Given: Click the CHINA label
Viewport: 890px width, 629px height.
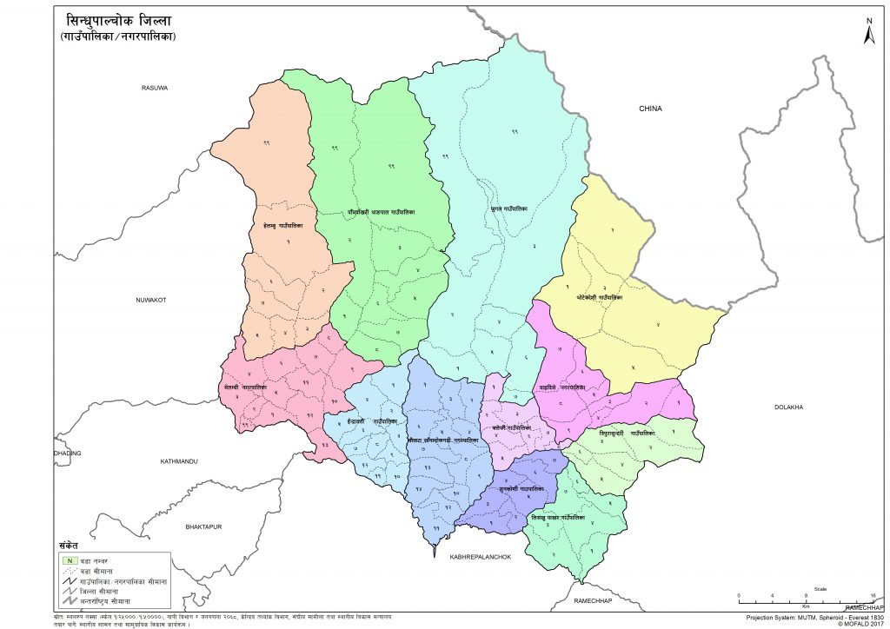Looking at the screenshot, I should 650,109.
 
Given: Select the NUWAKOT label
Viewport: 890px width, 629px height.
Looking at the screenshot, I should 150,300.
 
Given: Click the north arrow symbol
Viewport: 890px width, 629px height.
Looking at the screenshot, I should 867,32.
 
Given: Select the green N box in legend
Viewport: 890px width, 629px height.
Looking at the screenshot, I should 66,559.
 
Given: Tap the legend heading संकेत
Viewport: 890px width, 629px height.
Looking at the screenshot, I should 69,544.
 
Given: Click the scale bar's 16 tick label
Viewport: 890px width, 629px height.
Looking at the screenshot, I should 872,595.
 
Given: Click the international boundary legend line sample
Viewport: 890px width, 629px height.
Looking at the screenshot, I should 66,601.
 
